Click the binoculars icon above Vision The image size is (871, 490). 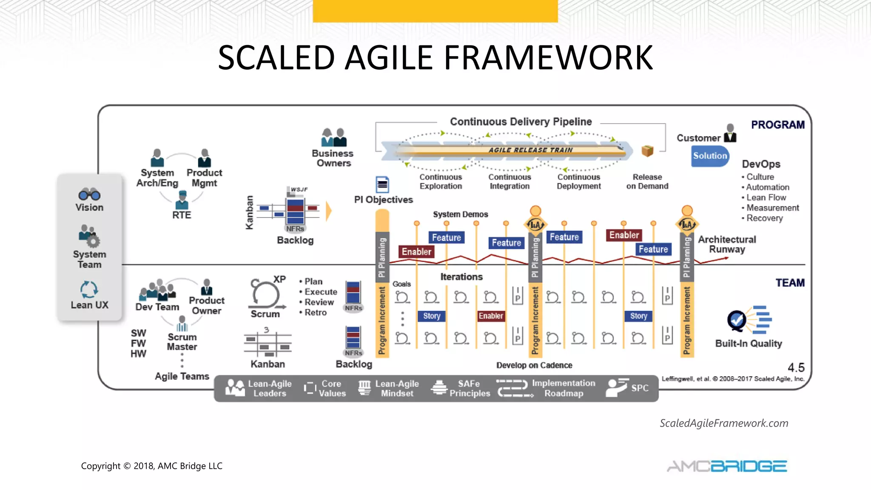click(x=89, y=195)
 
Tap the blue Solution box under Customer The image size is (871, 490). click(x=710, y=156)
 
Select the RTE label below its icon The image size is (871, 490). click(x=182, y=215)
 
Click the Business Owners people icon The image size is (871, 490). click(x=334, y=137)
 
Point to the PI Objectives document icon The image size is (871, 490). click(x=382, y=185)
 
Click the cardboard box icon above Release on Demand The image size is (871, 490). click(x=647, y=151)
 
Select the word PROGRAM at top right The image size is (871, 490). click(x=777, y=125)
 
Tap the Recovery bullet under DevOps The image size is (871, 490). click(x=764, y=218)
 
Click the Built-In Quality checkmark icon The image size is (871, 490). click(x=737, y=320)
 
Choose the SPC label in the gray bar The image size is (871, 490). click(x=640, y=388)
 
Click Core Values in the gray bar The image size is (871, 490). click(x=332, y=388)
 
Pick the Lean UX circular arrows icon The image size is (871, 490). click(x=89, y=290)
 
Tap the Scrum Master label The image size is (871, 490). click(x=182, y=342)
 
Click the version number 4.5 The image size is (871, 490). click(x=796, y=367)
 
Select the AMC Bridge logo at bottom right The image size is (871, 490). click(x=727, y=466)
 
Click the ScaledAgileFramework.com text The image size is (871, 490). click(x=724, y=423)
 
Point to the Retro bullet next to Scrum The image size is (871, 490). click(x=315, y=313)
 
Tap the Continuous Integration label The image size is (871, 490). click(x=510, y=182)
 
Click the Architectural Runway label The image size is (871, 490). click(x=727, y=245)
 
